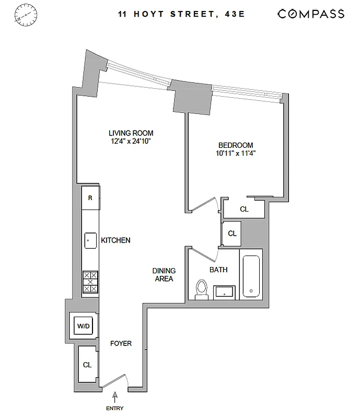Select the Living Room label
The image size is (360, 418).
tap(131, 133)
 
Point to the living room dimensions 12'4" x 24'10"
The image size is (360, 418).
tap(131, 141)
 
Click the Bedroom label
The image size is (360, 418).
tap(236, 145)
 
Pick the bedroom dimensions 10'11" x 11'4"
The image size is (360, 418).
tap(236, 153)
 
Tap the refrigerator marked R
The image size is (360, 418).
tap(90, 198)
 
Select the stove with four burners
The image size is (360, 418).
tap(90, 282)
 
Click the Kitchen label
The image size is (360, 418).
tap(115, 240)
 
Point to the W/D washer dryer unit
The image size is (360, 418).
tap(84, 326)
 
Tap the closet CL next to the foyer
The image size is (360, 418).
tap(87, 365)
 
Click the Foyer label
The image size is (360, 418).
tap(120, 343)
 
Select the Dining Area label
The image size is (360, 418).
tap(164, 274)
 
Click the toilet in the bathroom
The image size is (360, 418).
tap(202, 289)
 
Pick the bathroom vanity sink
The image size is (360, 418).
tap(225, 291)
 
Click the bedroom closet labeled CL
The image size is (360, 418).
tap(244, 209)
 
